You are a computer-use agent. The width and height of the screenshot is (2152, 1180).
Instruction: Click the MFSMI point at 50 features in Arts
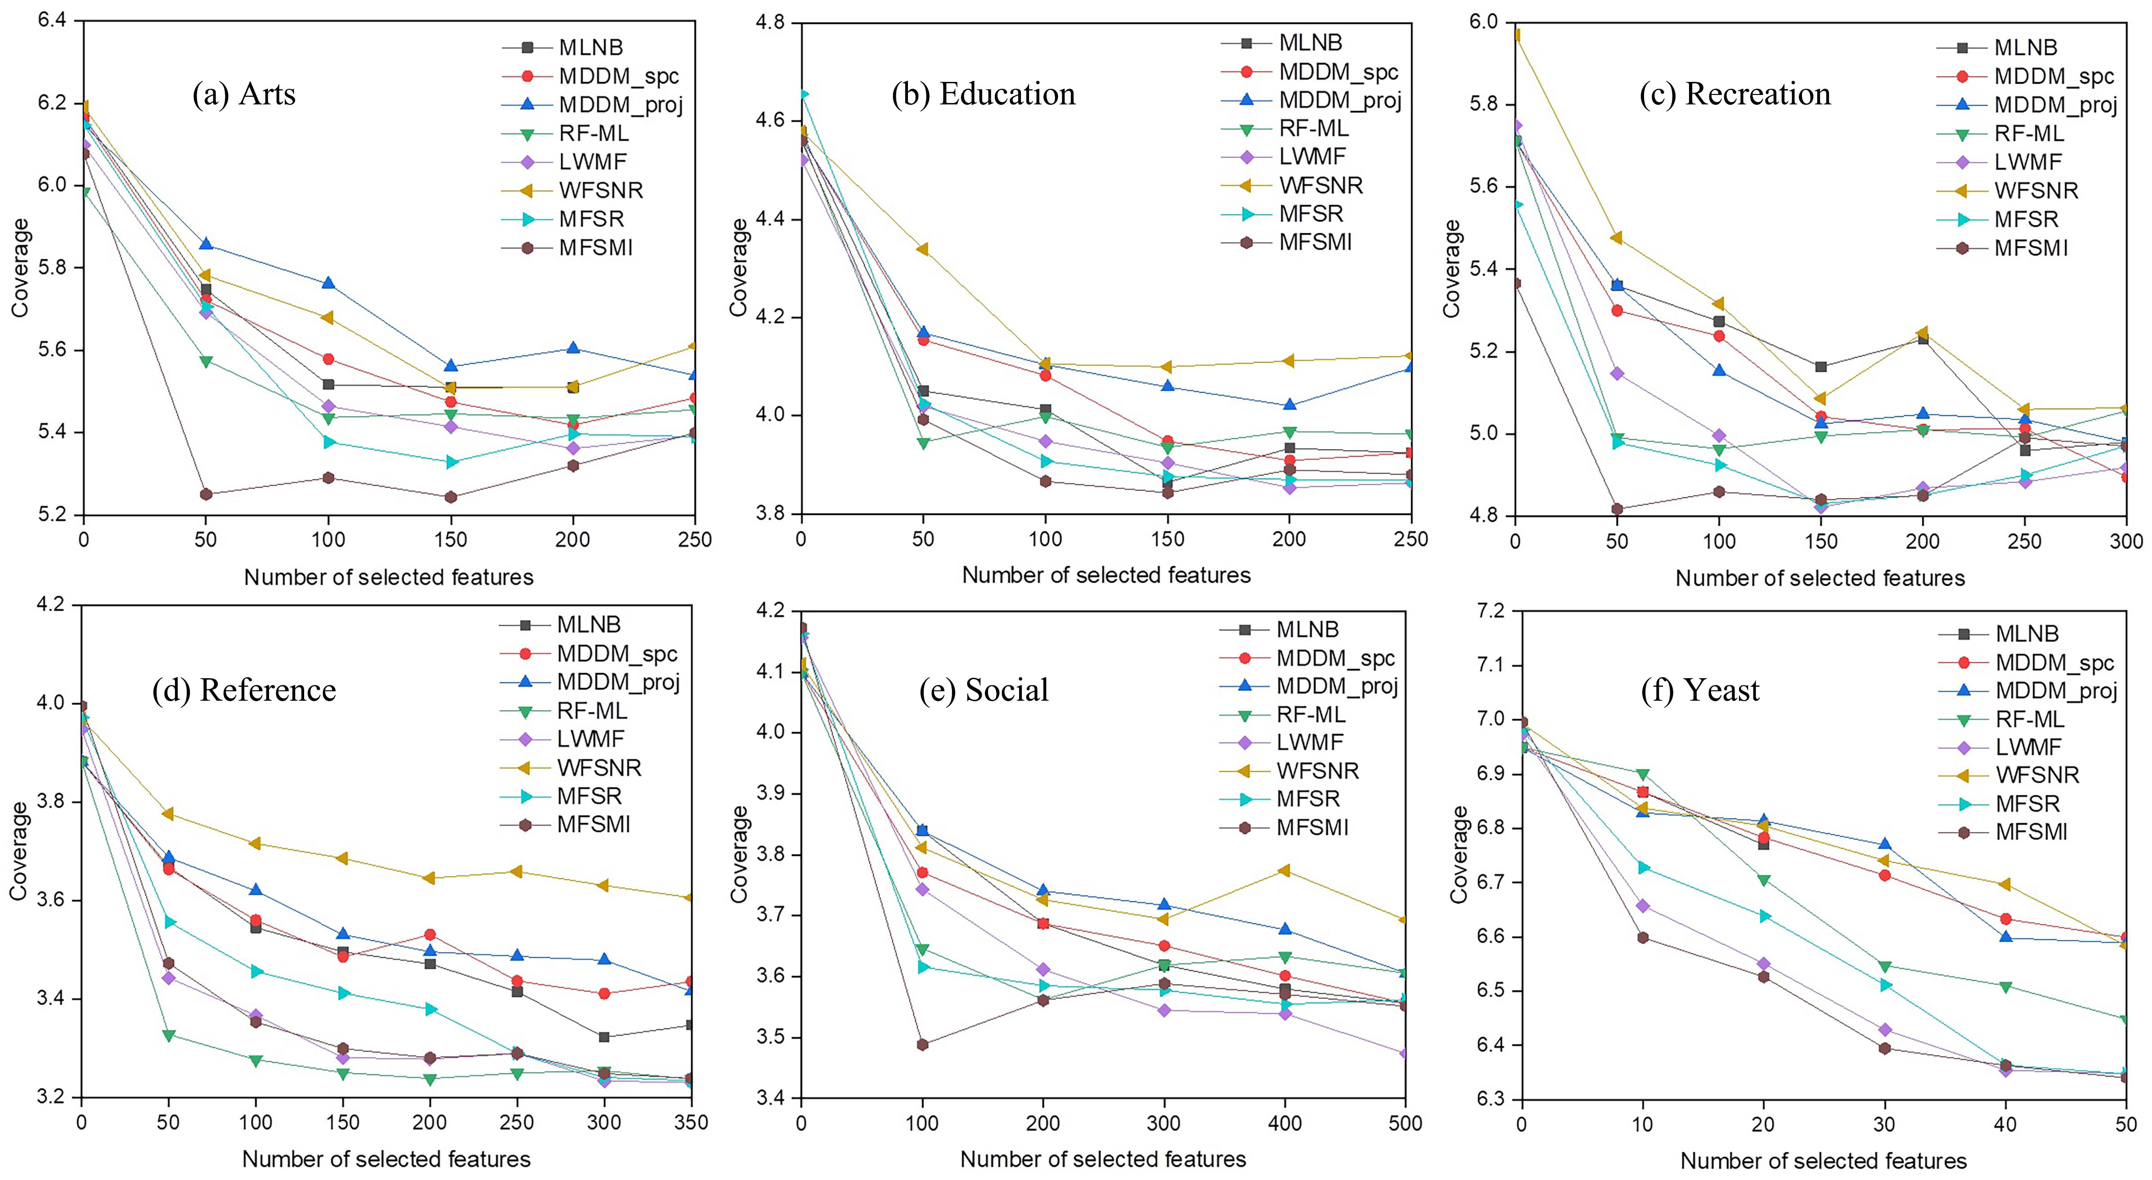pyautogui.click(x=206, y=494)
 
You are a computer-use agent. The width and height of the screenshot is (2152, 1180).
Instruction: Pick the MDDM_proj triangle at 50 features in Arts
pyautogui.click(x=206, y=244)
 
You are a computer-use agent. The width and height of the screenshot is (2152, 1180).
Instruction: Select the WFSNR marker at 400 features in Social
pyautogui.click(x=1285, y=870)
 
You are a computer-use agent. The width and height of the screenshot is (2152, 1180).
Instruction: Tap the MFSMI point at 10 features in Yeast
pyautogui.click(x=1642, y=937)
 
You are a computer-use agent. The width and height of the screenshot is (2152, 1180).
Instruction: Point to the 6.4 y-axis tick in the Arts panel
pyautogui.click(x=52, y=20)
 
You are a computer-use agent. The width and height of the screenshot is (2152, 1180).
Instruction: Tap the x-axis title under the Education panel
pyautogui.click(x=1106, y=575)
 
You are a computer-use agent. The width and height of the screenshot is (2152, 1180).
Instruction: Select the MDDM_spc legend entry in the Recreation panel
pyautogui.click(x=2053, y=76)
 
